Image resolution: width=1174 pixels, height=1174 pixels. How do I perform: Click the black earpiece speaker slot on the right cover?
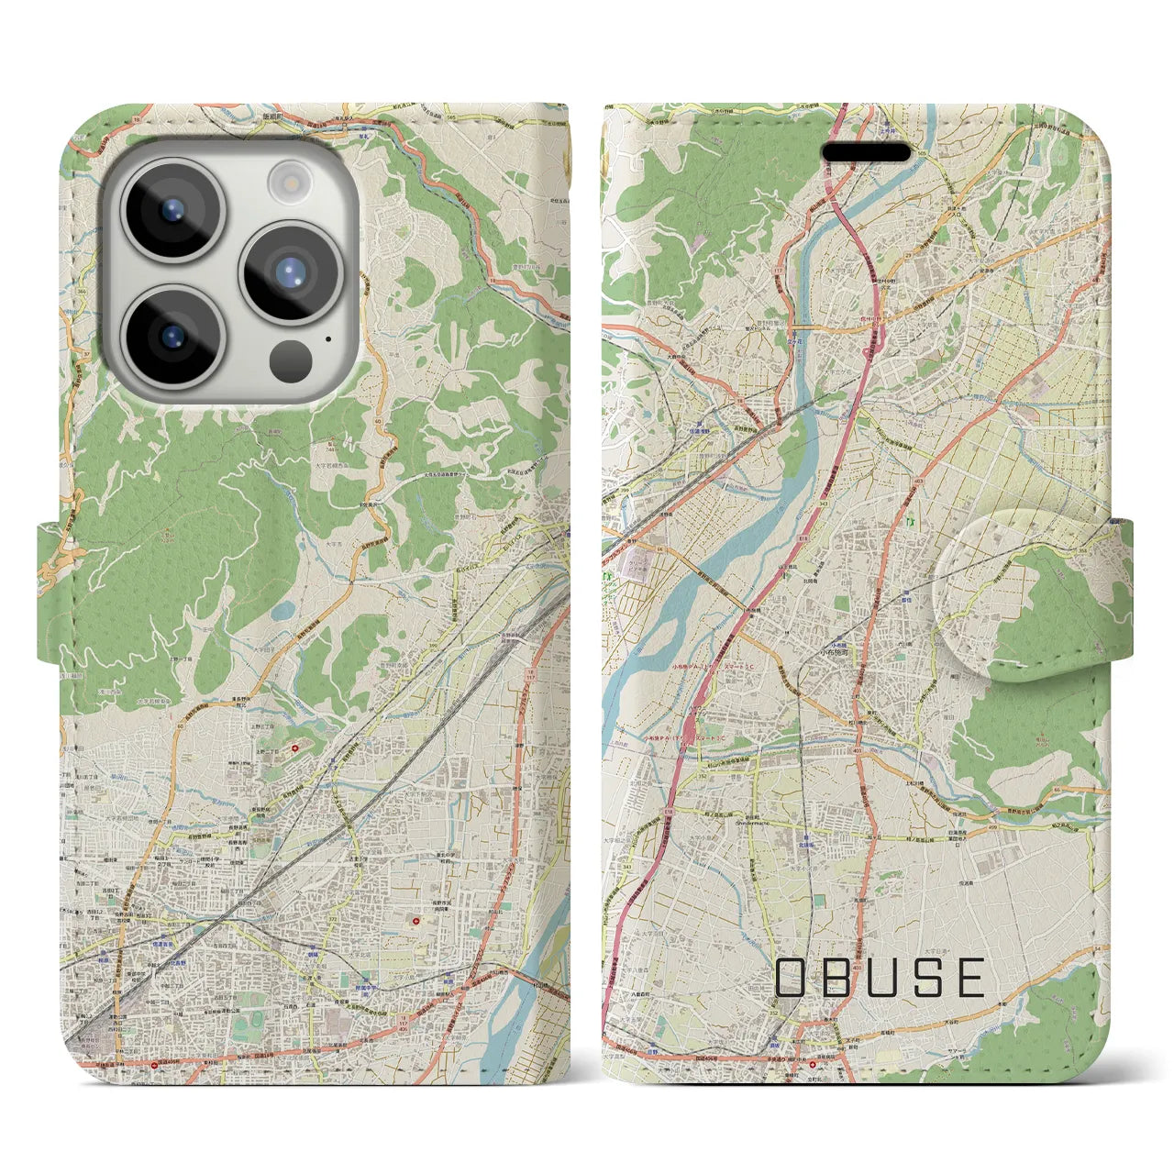coord(867,150)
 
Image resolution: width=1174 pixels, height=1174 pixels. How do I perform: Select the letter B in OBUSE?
coord(837,978)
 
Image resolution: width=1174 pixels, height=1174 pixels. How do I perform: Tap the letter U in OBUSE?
coord(880,978)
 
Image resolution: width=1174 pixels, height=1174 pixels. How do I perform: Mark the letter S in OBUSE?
coord(924,978)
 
